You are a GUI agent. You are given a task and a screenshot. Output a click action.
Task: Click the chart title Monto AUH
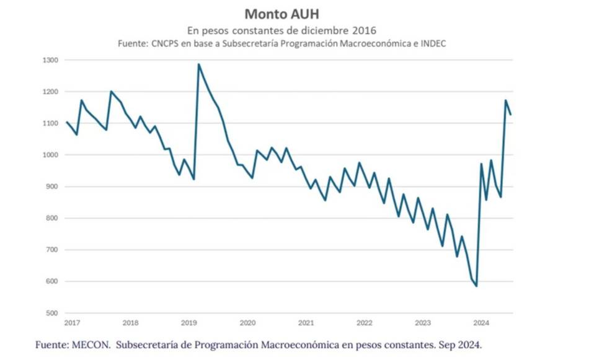point(281,14)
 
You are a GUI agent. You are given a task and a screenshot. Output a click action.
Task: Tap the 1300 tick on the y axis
point(51,61)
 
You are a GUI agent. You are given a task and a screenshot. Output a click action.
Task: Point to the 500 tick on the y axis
point(53,314)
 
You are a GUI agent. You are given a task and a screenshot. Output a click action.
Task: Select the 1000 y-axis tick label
point(51,156)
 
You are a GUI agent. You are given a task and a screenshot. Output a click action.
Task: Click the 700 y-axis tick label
point(53,250)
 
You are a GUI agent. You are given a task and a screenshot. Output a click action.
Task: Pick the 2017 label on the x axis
point(72,323)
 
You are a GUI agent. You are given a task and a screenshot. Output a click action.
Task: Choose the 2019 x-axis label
point(188,323)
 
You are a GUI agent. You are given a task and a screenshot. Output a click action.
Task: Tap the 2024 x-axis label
point(480,323)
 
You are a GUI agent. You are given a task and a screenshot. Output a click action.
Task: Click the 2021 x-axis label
point(306,323)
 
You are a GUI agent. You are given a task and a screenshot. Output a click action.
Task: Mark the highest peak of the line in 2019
point(199,64)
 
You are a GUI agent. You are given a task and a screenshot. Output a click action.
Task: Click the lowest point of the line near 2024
point(476,286)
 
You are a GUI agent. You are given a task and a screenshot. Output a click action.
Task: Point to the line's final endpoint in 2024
point(510,114)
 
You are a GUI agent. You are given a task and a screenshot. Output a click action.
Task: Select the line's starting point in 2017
point(67,122)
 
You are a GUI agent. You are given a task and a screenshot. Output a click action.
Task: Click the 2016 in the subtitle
point(365,30)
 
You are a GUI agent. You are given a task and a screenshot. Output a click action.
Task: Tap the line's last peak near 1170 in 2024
point(505,100)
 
